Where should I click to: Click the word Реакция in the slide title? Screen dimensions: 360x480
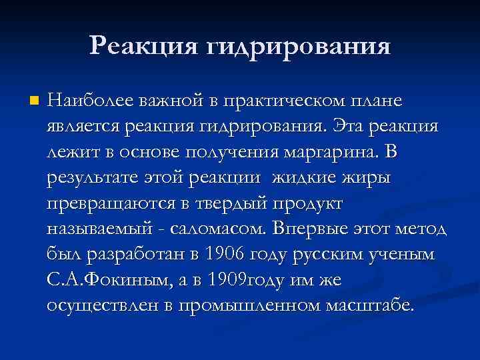coord(142,46)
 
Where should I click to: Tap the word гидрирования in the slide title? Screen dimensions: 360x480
coord(297,47)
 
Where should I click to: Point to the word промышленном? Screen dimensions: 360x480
coord(239,305)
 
